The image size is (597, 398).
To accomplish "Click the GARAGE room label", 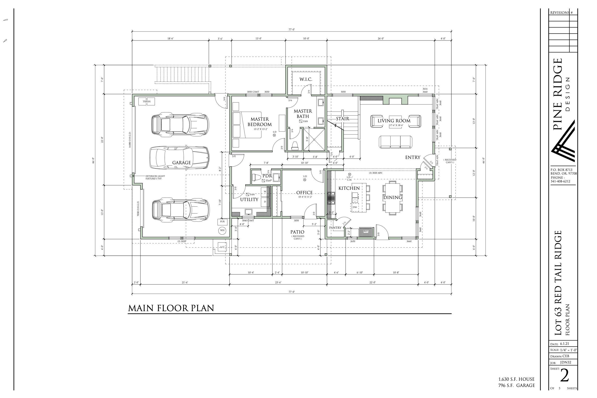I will [181, 163].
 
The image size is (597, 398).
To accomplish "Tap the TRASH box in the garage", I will [146, 102].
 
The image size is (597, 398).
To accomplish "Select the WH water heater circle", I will [222, 231].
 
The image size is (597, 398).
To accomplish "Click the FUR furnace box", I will [222, 222].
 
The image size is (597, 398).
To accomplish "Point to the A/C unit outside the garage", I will [222, 247].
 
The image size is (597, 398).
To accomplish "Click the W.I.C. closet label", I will [306, 79].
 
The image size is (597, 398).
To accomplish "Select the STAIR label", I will [342, 119].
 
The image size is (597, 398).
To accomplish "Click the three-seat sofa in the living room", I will [395, 142].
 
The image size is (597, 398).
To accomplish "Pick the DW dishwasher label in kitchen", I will [355, 207].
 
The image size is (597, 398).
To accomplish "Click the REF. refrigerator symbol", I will [366, 231].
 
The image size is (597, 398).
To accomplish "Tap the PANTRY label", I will [335, 228].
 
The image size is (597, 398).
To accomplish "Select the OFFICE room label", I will [304, 193].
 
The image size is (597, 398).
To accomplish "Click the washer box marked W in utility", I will [265, 191].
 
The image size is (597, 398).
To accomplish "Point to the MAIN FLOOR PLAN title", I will [171, 308].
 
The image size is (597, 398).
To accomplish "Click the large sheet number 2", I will [565, 376].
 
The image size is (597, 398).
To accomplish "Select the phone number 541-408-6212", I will [560, 181].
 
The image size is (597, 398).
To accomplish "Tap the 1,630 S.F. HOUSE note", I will [516, 379].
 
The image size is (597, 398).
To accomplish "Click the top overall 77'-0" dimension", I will [291, 30].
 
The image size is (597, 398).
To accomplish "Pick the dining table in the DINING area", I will [392, 197].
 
